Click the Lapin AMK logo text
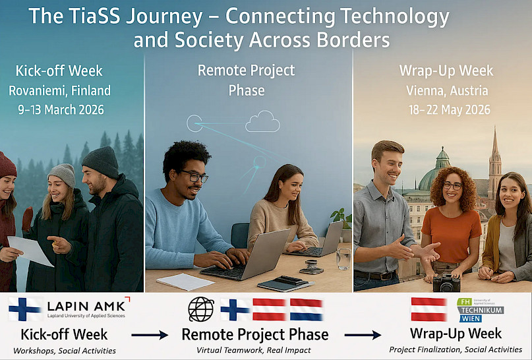86,308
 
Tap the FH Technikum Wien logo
480,310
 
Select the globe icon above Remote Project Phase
201,309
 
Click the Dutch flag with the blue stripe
306,309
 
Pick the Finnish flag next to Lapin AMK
25,309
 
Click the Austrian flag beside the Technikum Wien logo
429,309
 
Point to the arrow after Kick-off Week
150,335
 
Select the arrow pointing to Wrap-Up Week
363,335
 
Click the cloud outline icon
262,121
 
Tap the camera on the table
446,283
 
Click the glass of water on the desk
343,258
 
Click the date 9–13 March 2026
61,110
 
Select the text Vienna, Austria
447,90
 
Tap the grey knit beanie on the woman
62,175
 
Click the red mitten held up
28,219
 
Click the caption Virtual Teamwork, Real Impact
254,350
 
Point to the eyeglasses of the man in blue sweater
194,177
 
